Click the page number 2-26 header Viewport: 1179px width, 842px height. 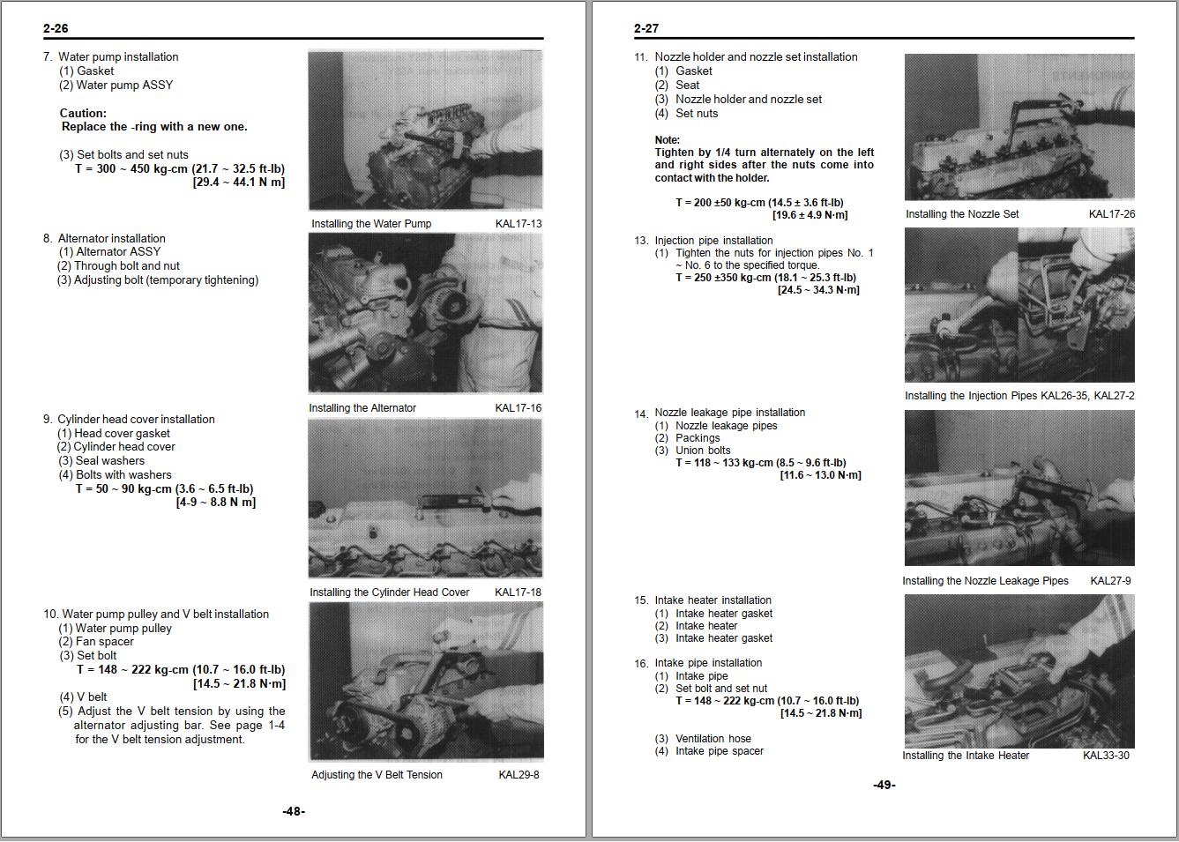(56, 28)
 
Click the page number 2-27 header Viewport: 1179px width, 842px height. (645, 28)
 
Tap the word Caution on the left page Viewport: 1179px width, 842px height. (83, 113)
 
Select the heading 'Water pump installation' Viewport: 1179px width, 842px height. (118, 56)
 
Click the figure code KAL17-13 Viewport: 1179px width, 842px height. (519, 223)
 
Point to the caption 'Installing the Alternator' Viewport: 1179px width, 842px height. (362, 407)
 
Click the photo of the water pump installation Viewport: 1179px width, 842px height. (425, 130)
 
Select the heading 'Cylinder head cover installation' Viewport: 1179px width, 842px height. (136, 419)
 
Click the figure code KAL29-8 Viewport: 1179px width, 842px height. (519, 774)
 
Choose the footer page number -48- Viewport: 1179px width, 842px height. (294, 811)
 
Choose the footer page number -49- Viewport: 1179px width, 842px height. (884, 785)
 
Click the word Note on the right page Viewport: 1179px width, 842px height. (667, 139)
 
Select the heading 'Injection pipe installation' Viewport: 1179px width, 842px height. (713, 240)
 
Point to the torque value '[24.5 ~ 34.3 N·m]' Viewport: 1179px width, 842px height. (817, 289)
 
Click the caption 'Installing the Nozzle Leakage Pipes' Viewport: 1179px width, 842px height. (985, 580)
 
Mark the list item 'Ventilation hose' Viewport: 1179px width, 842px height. (713, 738)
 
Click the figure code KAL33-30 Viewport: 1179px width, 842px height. (1106, 755)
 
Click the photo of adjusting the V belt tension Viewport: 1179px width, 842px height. (425, 681)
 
